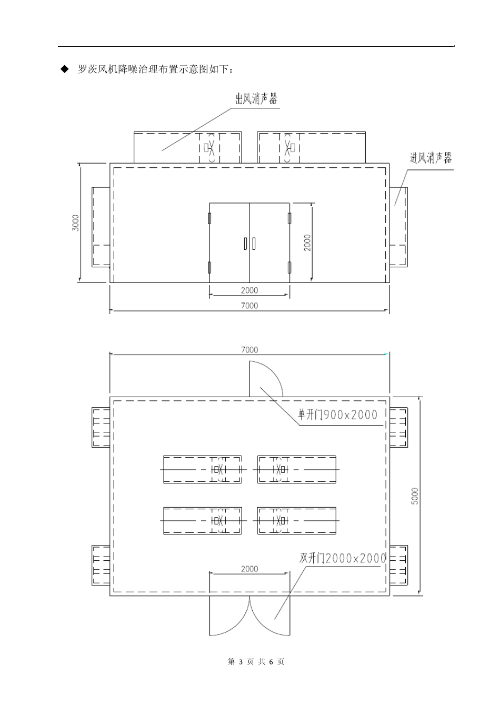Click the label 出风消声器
pyautogui.click(x=256, y=99)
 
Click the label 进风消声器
pyautogui.click(x=431, y=158)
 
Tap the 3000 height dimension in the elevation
pyautogui.click(x=76, y=223)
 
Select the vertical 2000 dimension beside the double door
pyautogui.click(x=307, y=242)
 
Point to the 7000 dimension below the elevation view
pyautogui.click(x=249, y=305)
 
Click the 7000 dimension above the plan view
pyautogui.click(x=249, y=350)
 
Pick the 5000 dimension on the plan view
pyautogui.click(x=415, y=496)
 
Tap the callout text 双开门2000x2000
pyautogui.click(x=343, y=558)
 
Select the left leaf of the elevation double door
pyautogui.click(x=229, y=243)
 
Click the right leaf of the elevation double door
pyautogui.click(x=269, y=243)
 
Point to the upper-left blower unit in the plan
pyautogui.click(x=203, y=469)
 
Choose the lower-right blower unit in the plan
pyautogui.click(x=296, y=521)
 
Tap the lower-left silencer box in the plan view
pyautogui.click(x=101, y=567)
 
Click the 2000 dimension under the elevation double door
pyautogui.click(x=249, y=290)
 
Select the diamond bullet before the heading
pyautogui.click(x=65, y=69)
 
